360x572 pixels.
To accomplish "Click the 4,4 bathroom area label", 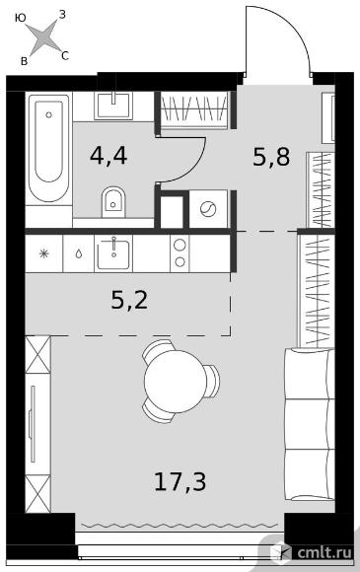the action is pyautogui.click(x=108, y=156).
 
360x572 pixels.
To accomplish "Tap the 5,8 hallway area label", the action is pyautogui.click(x=271, y=158).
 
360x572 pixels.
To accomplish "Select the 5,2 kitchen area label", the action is pyautogui.click(x=129, y=301).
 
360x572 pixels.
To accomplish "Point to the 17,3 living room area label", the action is pyautogui.click(x=180, y=481).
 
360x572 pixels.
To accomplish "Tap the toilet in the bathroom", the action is pyautogui.click(x=113, y=202).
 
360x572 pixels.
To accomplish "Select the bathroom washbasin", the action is pyautogui.click(x=113, y=106).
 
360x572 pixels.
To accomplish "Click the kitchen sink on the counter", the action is pyautogui.click(x=113, y=253).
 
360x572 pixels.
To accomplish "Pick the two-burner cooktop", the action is pyautogui.click(x=180, y=253).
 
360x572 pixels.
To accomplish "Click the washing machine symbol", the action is pyautogui.click(x=209, y=209).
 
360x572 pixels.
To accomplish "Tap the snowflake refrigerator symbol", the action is pyautogui.click(x=43, y=253).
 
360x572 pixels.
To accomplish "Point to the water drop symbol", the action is pyautogui.click(x=79, y=253).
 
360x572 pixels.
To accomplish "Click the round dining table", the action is pyautogui.click(x=176, y=382).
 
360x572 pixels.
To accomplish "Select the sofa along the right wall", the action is pyautogui.click(x=309, y=424).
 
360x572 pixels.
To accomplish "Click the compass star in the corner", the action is pyautogui.click(x=43, y=36).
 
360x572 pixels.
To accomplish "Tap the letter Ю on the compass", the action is pyautogui.click(x=21, y=18).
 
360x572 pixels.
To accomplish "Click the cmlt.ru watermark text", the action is pyautogui.click(x=324, y=552).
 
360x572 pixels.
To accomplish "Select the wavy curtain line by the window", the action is pyautogui.click(x=180, y=526).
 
